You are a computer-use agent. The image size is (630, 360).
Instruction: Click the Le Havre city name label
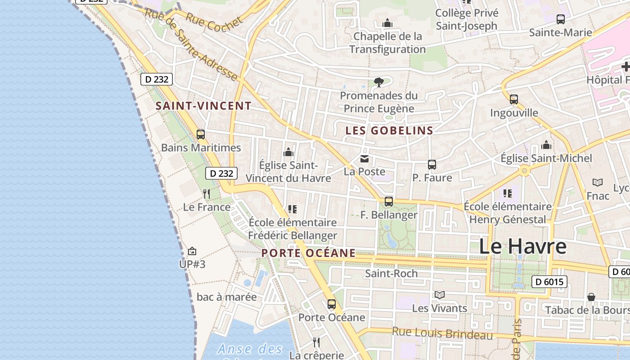tap(522, 247)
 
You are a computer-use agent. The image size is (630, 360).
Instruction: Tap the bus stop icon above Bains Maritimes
tap(201, 134)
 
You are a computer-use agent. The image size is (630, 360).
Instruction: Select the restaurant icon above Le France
tap(207, 194)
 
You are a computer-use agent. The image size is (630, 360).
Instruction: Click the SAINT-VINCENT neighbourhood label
tap(203, 106)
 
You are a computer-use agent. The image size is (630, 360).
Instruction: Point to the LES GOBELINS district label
tap(389, 131)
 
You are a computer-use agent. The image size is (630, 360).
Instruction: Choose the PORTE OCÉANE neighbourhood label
tap(309, 253)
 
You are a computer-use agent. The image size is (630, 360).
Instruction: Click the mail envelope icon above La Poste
tap(364, 158)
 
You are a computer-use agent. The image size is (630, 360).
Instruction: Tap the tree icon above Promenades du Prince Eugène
tap(378, 82)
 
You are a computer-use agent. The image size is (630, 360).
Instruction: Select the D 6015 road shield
tap(549, 282)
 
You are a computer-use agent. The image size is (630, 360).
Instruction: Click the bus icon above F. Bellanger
tap(389, 202)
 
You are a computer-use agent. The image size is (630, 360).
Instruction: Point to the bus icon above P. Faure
tap(432, 165)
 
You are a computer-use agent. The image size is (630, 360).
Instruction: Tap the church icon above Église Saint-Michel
tap(546, 145)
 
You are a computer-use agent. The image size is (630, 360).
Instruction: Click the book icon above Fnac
tap(598, 182)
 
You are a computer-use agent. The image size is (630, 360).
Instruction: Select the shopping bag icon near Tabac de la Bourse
tap(591, 297)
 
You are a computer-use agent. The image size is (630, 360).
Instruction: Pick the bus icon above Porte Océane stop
tap(332, 304)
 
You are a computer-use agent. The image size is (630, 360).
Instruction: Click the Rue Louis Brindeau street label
tap(442, 333)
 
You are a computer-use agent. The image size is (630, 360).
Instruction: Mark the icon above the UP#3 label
tap(192, 251)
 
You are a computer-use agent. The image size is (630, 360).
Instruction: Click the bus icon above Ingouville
tap(513, 99)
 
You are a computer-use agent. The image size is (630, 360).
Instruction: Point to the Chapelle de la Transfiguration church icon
tap(387, 23)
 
